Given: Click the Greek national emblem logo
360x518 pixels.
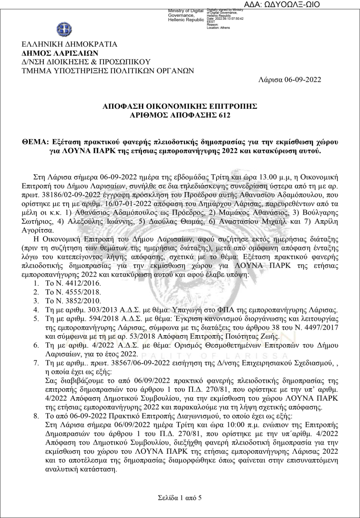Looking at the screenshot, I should [64, 29].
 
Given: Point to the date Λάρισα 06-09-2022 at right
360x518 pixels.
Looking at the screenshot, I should [290, 79].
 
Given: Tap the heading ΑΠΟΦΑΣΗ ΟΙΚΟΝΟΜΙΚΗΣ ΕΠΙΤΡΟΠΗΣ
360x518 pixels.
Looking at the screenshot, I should [180, 107].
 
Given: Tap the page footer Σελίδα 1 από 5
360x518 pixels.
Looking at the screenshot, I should [180, 498].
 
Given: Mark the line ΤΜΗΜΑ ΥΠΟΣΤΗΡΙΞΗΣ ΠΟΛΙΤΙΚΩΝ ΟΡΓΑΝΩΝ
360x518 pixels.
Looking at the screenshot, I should [108, 70].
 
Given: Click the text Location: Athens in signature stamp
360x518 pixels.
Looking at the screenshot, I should [218, 28].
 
